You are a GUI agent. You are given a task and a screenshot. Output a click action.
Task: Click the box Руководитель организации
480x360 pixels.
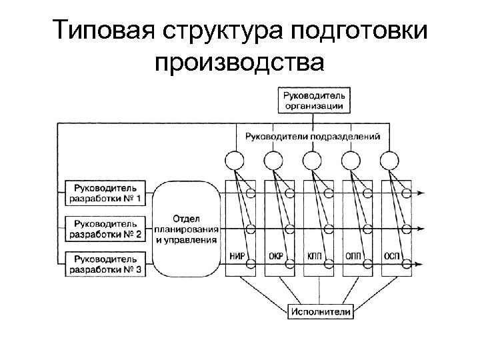coord(313,100)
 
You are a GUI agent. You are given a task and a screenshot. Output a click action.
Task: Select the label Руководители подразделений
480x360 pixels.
coord(313,136)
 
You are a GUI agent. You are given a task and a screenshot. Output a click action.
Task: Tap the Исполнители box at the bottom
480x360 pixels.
coord(321,311)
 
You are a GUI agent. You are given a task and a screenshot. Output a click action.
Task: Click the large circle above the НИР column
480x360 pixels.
coord(235,161)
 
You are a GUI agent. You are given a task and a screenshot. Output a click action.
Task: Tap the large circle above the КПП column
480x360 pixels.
coord(313,161)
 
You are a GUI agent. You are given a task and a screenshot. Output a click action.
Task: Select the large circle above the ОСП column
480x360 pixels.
coord(390,161)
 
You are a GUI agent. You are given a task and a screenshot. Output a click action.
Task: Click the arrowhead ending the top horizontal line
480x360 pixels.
coord(419,193)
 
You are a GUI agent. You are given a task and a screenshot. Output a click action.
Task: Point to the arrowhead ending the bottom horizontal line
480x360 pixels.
coord(419,265)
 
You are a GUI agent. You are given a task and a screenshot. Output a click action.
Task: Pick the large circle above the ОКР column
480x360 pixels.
coord(274,161)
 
